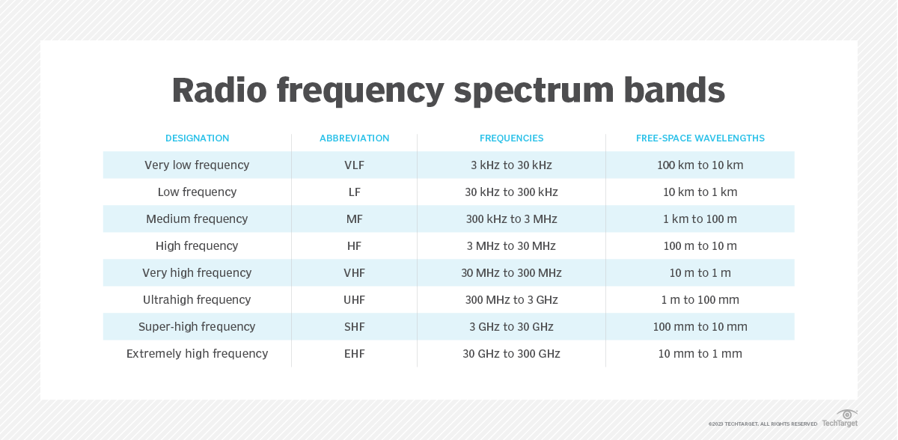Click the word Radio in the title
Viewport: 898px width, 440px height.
219,90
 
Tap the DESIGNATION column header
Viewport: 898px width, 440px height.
198,138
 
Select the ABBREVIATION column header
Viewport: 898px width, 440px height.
355,138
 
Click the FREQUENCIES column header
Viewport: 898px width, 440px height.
512,138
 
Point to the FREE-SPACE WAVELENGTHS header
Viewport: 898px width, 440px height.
700,138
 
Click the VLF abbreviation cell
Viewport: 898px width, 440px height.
355,165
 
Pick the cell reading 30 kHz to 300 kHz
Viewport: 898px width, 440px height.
512,192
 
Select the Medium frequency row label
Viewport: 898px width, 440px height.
197,219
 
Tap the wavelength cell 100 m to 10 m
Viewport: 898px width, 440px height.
700,245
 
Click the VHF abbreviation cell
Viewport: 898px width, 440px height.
355,273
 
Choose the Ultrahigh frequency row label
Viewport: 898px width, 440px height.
197,300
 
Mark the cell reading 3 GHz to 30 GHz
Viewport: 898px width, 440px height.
512,326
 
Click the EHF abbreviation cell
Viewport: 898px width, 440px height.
355,354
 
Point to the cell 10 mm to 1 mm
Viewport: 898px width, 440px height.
700,354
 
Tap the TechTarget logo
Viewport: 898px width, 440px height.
840,418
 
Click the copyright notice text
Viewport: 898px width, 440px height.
763,424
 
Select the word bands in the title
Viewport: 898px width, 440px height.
674,90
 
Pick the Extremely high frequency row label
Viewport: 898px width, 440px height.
198,354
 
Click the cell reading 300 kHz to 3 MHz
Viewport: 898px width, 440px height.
512,219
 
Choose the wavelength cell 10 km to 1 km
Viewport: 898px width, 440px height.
700,192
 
